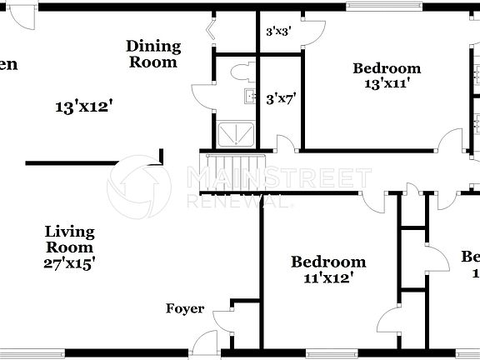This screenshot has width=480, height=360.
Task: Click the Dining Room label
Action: click(x=152, y=53)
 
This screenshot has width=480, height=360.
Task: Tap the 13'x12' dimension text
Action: click(x=84, y=107)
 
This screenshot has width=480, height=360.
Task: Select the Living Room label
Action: click(x=69, y=239)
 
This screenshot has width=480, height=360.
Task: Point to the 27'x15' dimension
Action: click(x=69, y=262)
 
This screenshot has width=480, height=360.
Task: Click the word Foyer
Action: click(x=185, y=308)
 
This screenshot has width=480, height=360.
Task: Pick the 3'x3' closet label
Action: click(x=277, y=32)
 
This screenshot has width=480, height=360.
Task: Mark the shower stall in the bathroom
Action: click(x=236, y=132)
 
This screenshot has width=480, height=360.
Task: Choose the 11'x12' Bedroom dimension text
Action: click(x=327, y=277)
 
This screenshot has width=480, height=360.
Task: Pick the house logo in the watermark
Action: click(x=138, y=187)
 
